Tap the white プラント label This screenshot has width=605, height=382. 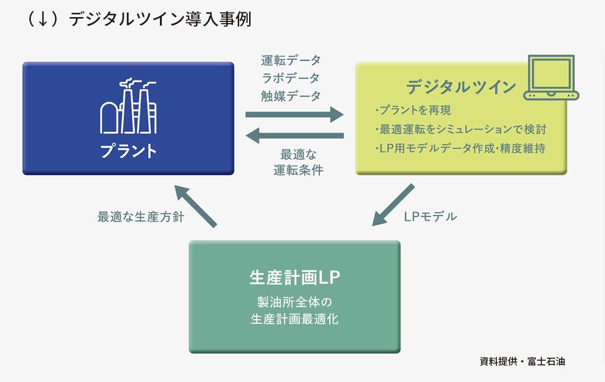pos(128,151)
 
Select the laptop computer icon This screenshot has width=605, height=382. pos(551,77)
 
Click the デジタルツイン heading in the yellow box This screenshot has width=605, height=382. pos(461,87)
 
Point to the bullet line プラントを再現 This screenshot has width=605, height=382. pos(413,110)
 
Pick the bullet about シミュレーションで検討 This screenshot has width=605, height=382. pos(461,129)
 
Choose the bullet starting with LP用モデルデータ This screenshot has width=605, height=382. pos(460,148)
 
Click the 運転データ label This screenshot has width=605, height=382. pos(291,60)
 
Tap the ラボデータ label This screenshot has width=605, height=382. pos(291,78)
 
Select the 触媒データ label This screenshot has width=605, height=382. pos(291,96)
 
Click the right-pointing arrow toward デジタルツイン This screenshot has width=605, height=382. pos(294,115)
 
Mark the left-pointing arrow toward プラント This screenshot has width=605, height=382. pos(295,135)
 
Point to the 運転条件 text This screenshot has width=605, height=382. pos(298,170)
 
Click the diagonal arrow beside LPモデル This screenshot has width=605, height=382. pos(393,205)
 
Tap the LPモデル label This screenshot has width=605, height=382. pos(430,217)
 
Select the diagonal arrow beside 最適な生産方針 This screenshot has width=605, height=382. pos(196,206)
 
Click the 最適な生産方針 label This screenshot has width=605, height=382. pos(141,217)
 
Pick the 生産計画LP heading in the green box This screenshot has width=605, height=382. pos(295,277)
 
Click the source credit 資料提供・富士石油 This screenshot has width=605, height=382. pos(522,362)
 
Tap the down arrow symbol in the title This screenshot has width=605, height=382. pos(43,19)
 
